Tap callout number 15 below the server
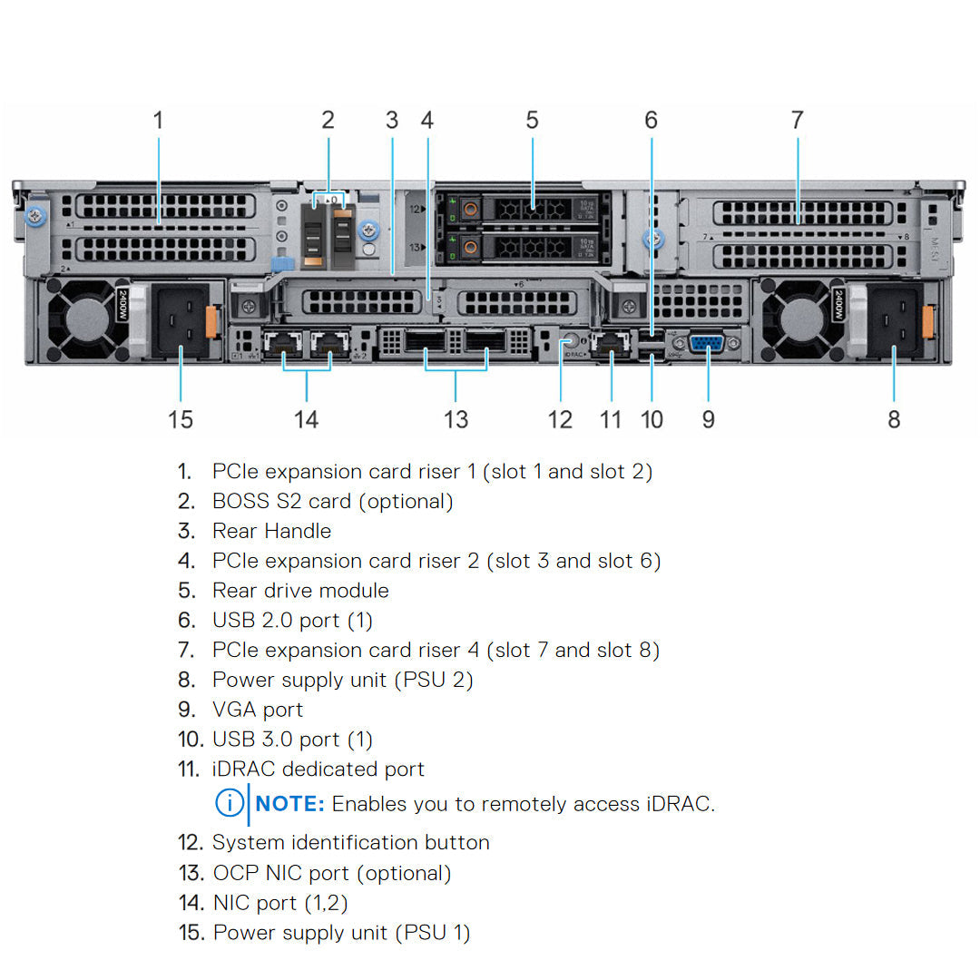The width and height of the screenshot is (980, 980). (181, 419)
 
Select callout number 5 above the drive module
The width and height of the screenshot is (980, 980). (532, 120)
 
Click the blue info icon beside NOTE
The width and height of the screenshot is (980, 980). (229, 803)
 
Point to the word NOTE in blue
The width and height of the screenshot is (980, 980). (290, 804)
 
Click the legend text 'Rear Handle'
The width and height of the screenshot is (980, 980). (271, 531)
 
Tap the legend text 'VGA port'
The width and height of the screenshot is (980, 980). (258, 710)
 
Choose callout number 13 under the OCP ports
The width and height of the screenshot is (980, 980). (456, 419)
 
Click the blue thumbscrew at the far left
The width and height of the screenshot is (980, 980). (34, 218)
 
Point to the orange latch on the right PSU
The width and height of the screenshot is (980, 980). (928, 322)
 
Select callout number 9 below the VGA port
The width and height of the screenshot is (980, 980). (709, 419)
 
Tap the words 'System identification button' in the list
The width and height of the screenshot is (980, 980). (350, 842)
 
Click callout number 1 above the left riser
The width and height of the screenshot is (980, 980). (158, 120)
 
